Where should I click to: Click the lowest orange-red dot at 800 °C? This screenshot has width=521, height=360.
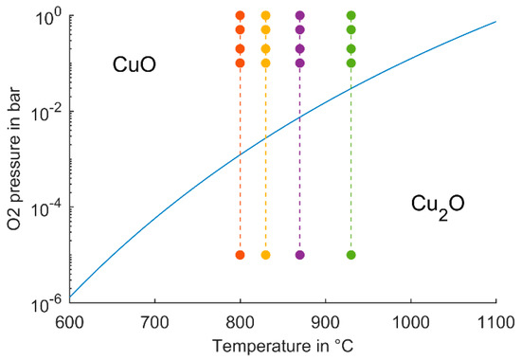241,255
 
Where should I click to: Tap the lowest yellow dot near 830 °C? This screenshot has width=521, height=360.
265,255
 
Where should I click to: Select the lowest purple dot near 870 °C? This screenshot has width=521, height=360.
300,255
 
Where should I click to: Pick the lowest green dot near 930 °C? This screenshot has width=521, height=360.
351,255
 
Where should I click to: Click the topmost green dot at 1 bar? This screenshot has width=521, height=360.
351,15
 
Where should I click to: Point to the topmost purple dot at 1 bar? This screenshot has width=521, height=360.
300,15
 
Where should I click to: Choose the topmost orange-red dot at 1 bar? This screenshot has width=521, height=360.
241,15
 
